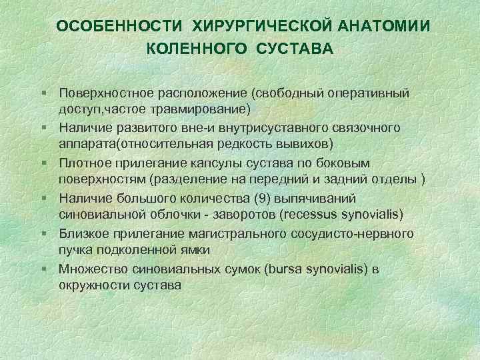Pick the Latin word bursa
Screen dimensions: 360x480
(x=284, y=269)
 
